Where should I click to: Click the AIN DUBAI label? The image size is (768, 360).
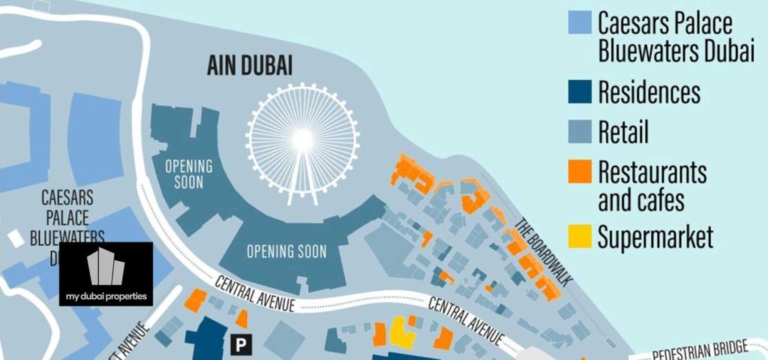point(250,66)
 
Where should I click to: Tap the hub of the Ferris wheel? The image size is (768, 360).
point(301,139)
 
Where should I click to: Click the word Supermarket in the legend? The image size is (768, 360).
point(655,238)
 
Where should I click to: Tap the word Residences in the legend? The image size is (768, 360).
point(649,93)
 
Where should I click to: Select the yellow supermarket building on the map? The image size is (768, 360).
point(402,332)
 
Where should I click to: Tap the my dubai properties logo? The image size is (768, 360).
point(106,274)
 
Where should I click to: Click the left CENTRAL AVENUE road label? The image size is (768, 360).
point(255,293)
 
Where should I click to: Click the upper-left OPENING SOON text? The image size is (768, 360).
point(188,173)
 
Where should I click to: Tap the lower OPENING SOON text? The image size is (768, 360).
point(287,252)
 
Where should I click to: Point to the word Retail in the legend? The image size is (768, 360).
point(623,133)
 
